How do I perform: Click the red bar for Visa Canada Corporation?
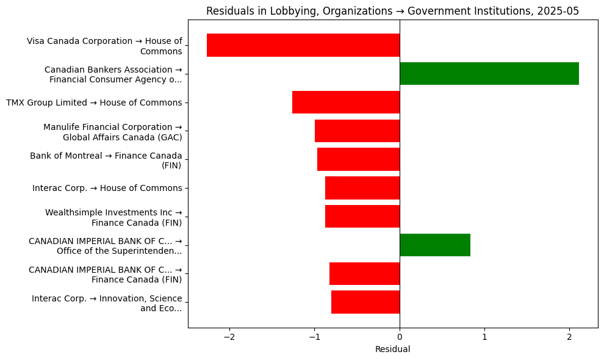303,45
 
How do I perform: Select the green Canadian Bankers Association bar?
489,74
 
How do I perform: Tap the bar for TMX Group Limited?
346,103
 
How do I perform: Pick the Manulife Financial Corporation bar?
357,131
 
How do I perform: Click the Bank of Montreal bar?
358,159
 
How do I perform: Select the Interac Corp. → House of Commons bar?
362,188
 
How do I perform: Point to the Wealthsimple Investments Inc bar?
362,217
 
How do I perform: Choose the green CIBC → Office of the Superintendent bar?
435,245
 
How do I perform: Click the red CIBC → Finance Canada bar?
364,273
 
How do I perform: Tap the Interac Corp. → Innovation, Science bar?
365,302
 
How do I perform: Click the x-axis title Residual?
392,350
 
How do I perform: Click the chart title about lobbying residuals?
392,11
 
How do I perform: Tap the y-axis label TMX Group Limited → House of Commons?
94,103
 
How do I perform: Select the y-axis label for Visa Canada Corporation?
104,46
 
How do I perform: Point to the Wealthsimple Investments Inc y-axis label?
113,217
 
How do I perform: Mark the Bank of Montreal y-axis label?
106,160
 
